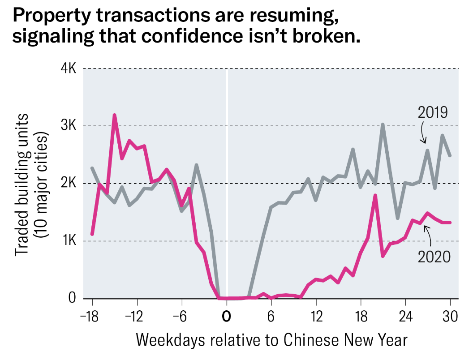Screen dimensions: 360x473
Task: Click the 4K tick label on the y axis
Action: pos(69,69)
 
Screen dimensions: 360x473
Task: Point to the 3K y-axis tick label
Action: pos(69,126)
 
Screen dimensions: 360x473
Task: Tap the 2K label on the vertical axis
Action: pos(69,183)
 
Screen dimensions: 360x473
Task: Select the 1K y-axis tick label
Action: pos(69,240)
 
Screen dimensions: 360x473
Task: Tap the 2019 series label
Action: pos(433,112)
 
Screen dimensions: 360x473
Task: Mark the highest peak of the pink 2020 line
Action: pos(115,115)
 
